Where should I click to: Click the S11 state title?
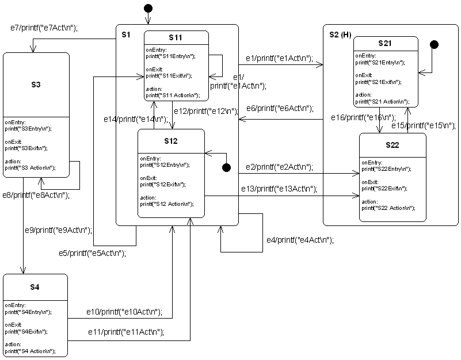pyautogui.click(x=176, y=37)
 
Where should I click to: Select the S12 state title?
pyautogui.click(x=170, y=141)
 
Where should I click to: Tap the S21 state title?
pyautogui.click(x=386, y=44)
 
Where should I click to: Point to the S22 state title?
pyautogui.click(x=392, y=145)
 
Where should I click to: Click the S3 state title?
pyautogui.click(x=36, y=85)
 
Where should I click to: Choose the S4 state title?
pyautogui.click(x=35, y=287)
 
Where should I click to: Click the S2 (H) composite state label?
pyautogui.click(x=340, y=35)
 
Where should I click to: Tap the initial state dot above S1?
pyautogui.click(x=148, y=8)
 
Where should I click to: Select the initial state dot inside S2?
pyautogui.click(x=435, y=44)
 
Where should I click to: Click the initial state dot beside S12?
pyautogui.click(x=227, y=167)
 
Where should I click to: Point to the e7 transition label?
pyautogui.click(x=44, y=27)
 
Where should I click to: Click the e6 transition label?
pyautogui.click(x=279, y=108)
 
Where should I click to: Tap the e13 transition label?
pyautogui.click(x=279, y=189)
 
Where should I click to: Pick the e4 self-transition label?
pyautogui.click(x=299, y=240)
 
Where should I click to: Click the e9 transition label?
pyautogui.click(x=58, y=230)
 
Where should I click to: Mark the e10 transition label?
pyautogui.click(x=124, y=312)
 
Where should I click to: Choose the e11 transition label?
pyautogui.click(x=125, y=332)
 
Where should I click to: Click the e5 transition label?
pyautogui.click(x=92, y=252)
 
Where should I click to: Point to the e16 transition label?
pyautogui.click(x=364, y=117)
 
